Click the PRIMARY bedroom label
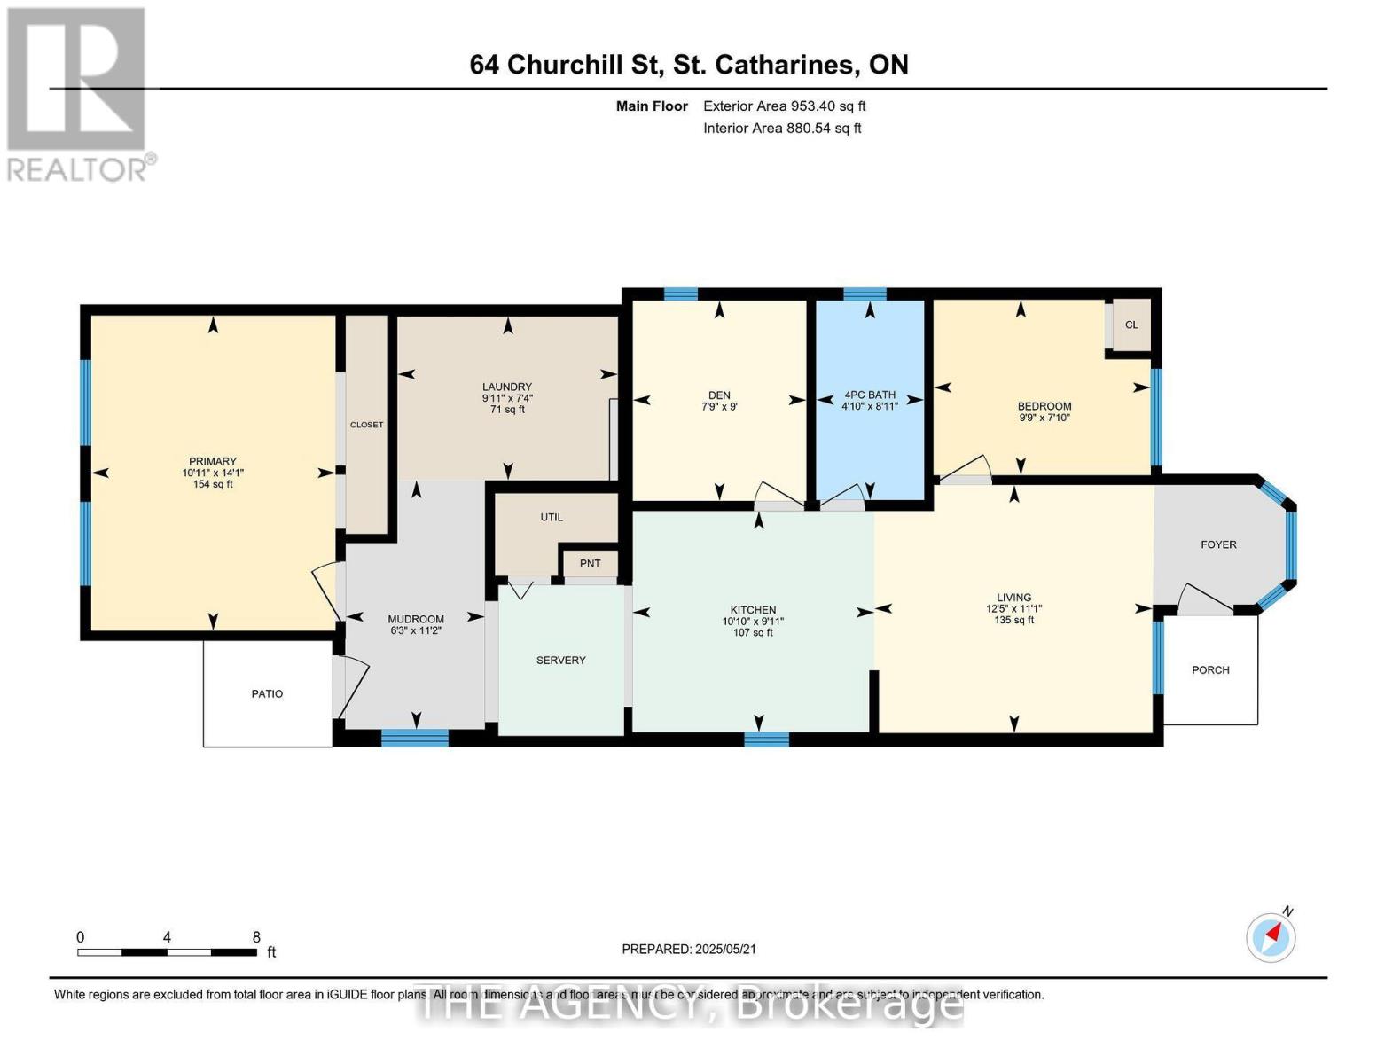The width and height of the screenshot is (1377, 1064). pos(213,461)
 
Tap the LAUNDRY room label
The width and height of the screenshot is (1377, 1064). pos(507,387)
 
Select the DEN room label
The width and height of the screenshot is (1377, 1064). pos(719,395)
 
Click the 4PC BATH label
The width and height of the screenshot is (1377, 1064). pos(870,395)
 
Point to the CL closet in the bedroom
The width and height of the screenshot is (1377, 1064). pos(1131,325)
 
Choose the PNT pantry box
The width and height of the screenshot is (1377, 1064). pos(591,564)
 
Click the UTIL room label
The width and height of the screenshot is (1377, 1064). pos(552,517)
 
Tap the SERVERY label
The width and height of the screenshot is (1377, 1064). pos(560,661)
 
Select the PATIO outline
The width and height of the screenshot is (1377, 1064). pos(267,693)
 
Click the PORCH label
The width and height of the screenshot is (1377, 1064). pos(1210,670)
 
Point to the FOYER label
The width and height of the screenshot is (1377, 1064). pos(1218,544)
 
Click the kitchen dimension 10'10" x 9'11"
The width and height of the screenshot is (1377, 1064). pos(753,622)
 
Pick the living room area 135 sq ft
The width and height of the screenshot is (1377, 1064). pos(1013,620)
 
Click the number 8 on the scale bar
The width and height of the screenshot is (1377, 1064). pos(256,937)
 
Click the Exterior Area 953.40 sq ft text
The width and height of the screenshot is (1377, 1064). pos(784,106)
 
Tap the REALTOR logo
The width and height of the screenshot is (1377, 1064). pos(78,93)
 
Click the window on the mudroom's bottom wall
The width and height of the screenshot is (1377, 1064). pos(415,737)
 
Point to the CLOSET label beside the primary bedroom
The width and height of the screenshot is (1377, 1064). pos(366,425)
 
